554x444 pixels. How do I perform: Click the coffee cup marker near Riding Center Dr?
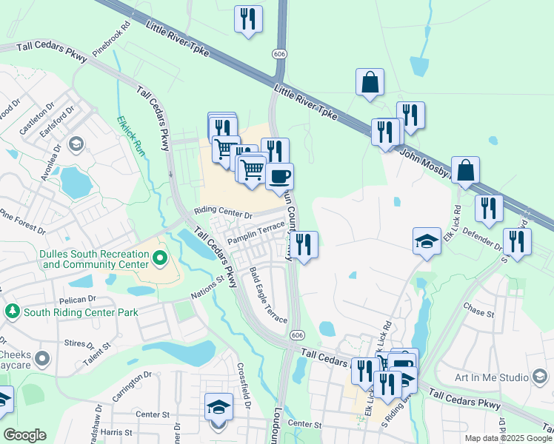point(279,177)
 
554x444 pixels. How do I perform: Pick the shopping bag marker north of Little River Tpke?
point(370,83)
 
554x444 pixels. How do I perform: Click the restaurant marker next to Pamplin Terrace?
point(304,245)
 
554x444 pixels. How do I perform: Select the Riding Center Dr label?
point(223,213)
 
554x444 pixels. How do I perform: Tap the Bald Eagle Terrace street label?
point(268,295)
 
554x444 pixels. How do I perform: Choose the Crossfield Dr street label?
point(246,385)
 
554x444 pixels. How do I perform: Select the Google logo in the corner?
point(25,435)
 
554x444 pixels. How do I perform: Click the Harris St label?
point(116,432)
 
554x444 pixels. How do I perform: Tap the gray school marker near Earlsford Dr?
point(74,143)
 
